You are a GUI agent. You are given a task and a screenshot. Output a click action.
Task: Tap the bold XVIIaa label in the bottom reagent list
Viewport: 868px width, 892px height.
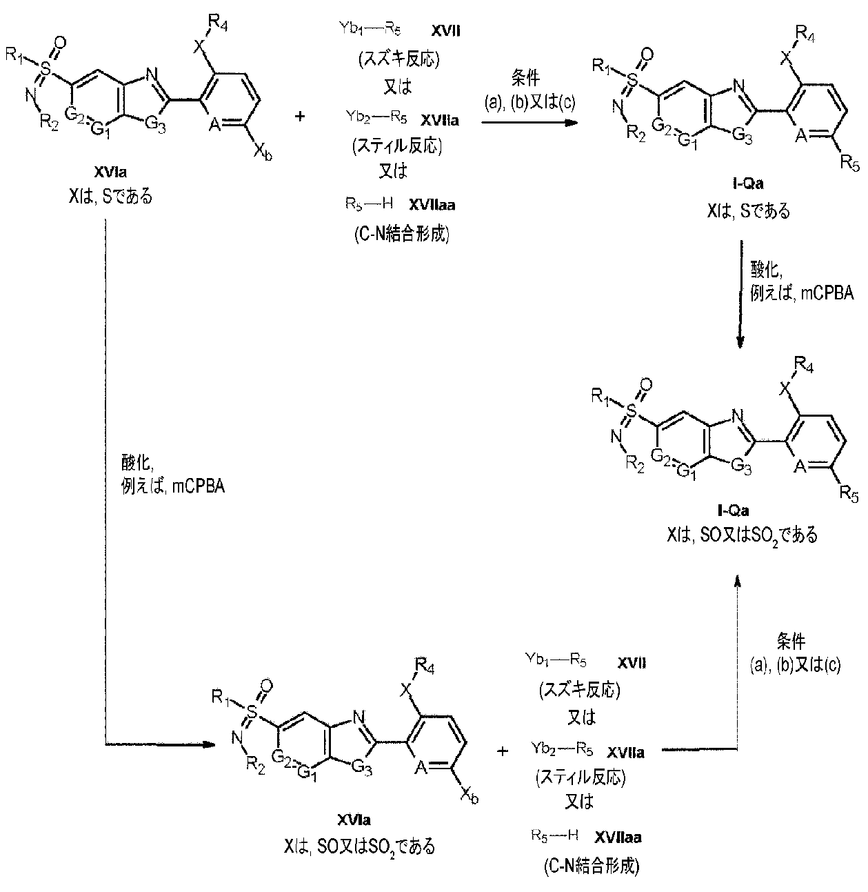tap(618, 837)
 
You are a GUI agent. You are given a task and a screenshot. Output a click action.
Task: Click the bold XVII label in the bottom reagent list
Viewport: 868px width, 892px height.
tap(632, 663)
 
